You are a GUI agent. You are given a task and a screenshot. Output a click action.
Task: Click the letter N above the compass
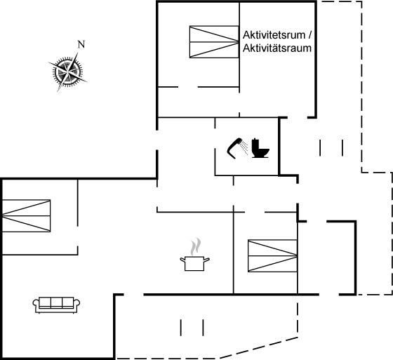(81, 44)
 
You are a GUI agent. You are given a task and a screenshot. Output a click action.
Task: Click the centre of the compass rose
(67, 72)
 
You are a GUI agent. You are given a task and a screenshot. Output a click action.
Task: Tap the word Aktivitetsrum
(274, 35)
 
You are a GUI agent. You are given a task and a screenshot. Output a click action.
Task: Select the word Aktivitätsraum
(277, 48)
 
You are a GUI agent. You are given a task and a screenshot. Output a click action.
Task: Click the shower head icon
(235, 148)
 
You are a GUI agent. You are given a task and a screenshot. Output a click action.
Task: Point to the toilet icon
(260, 148)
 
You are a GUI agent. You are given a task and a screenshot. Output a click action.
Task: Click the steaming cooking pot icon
(195, 255)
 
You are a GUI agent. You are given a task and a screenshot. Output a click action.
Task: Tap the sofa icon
(56, 305)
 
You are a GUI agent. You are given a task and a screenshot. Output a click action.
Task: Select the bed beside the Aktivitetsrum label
(214, 42)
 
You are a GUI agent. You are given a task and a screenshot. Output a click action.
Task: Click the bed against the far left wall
(27, 215)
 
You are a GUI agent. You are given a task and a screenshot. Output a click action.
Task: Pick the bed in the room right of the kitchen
(272, 255)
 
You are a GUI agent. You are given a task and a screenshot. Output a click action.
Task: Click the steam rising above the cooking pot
(196, 246)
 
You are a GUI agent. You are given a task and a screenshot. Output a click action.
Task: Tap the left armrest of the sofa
(36, 304)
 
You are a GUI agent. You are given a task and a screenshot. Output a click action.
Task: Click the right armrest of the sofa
(76, 304)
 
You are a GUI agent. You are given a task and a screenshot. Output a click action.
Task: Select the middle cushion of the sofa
(56, 302)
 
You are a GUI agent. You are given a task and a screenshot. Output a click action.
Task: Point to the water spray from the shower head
(244, 147)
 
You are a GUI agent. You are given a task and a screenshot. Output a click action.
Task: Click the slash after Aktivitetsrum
(309, 35)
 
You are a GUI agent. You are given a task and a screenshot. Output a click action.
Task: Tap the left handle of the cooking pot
(182, 260)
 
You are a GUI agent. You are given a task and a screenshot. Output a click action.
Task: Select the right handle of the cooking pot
(207, 260)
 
